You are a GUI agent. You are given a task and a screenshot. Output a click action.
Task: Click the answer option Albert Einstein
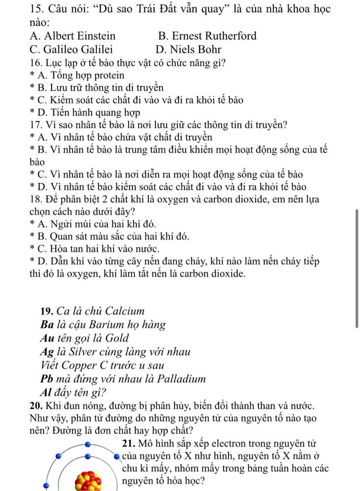click(73, 36)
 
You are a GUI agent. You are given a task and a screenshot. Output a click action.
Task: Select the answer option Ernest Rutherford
click(207, 36)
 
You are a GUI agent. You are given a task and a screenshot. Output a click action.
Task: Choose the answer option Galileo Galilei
click(71, 49)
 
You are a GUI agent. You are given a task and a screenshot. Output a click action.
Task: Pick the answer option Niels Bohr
click(188, 49)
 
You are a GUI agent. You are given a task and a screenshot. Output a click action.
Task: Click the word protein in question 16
click(109, 75)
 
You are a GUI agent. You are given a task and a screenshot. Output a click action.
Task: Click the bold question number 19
click(47, 311)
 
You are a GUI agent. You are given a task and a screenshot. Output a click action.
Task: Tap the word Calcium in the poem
click(125, 311)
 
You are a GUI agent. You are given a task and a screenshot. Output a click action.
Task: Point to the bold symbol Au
click(46, 338)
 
